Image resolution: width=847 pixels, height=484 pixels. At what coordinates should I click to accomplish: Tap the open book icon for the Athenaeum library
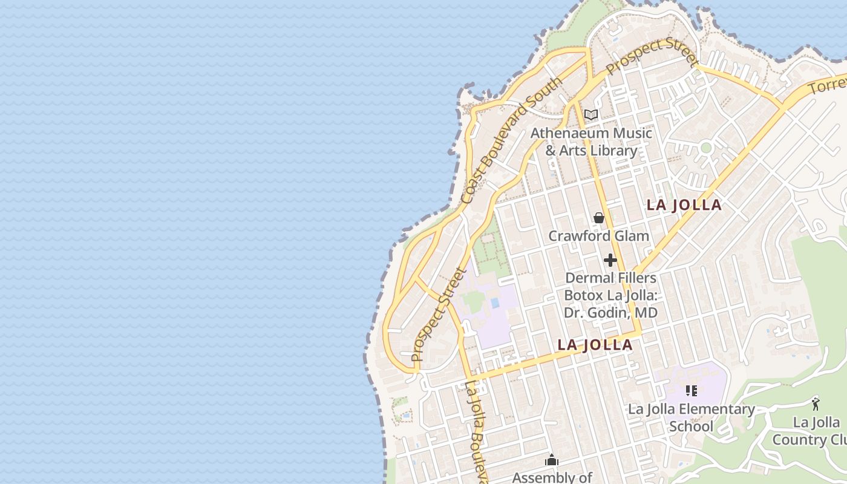pyautogui.click(x=591, y=114)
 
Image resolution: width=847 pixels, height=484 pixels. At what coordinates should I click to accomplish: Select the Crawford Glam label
pyautogui.click(x=598, y=236)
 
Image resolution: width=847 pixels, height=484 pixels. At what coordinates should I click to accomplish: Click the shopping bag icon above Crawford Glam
pyautogui.click(x=599, y=218)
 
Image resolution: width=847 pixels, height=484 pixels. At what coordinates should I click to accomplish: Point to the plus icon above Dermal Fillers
pyautogui.click(x=610, y=260)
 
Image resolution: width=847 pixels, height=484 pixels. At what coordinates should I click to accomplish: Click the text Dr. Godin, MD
pyautogui.click(x=610, y=313)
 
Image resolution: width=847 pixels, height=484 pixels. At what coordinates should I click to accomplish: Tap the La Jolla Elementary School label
pyautogui.click(x=691, y=417)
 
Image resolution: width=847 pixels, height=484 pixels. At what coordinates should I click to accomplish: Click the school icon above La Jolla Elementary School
pyautogui.click(x=691, y=391)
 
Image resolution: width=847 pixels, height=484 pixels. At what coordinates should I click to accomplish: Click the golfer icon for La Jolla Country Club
pyautogui.click(x=816, y=404)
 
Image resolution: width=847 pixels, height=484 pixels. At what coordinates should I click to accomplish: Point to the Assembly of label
pyautogui.click(x=552, y=477)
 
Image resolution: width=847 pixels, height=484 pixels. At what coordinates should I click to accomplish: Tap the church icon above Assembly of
pyautogui.click(x=551, y=460)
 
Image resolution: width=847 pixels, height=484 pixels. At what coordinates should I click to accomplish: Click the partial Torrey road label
pyautogui.click(x=828, y=85)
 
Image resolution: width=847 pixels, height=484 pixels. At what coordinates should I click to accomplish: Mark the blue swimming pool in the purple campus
pyautogui.click(x=495, y=302)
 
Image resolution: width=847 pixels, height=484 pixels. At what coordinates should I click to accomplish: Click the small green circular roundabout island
pyautogui.click(x=705, y=148)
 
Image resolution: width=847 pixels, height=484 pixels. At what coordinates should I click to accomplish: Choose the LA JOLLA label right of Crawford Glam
pyautogui.click(x=684, y=204)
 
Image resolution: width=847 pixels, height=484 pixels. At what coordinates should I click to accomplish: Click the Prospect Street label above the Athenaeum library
pyautogui.click(x=652, y=57)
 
